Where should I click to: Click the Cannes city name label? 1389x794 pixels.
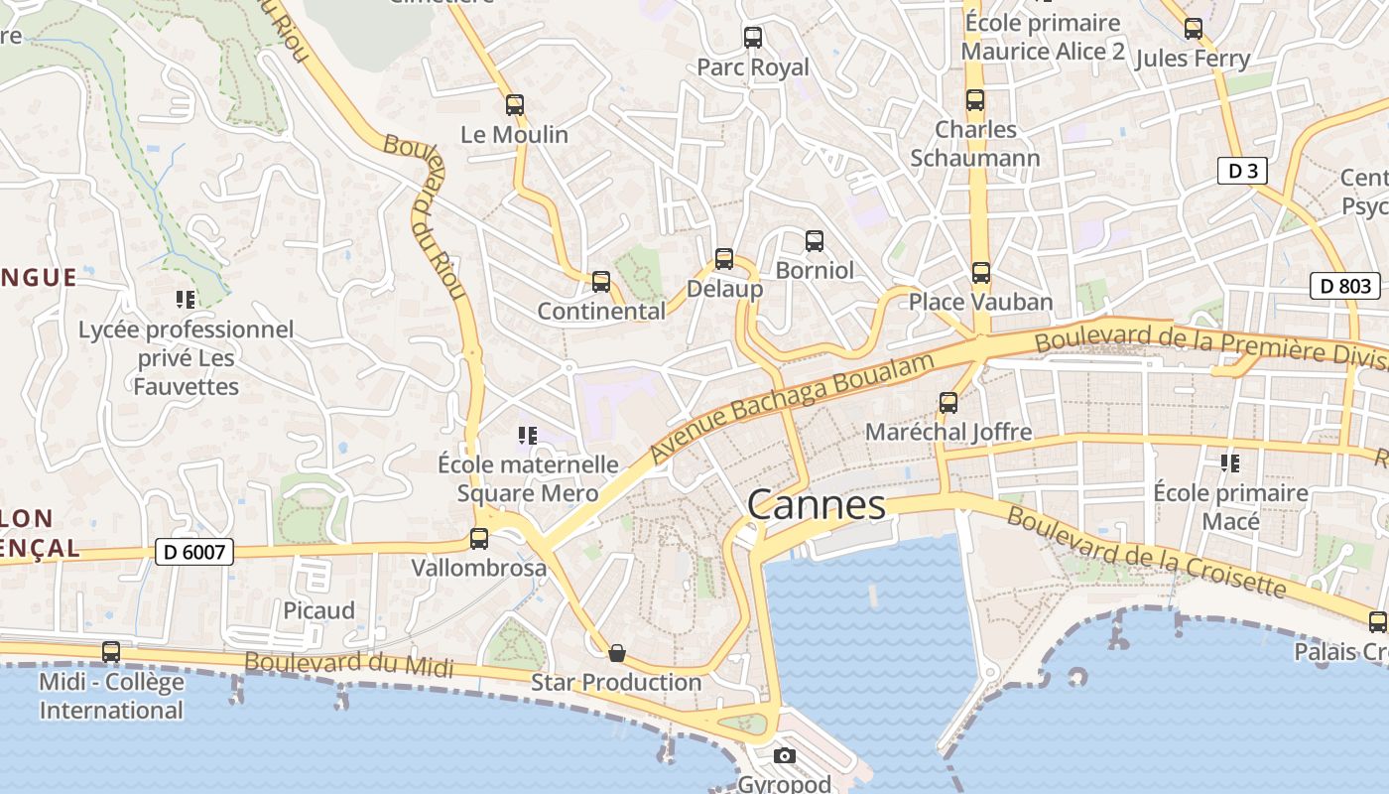coord(816,505)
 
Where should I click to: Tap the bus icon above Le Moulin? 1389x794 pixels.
coord(514,105)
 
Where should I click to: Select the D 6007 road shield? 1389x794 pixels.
coord(194,552)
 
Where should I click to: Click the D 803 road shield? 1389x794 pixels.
coord(1345,287)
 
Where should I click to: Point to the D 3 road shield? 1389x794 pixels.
coord(1242,171)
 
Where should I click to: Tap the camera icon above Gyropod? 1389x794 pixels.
coord(785,756)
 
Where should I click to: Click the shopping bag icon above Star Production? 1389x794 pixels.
coord(617,653)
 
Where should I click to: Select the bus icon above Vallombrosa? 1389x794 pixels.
coord(479,539)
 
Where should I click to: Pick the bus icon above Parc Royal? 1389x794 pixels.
coord(753,38)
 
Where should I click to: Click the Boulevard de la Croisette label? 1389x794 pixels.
coord(1145,552)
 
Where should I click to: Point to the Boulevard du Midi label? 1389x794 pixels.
coord(348,665)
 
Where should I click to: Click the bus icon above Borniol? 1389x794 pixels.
coord(815,240)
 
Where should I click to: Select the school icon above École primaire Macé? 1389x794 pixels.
coord(1230,463)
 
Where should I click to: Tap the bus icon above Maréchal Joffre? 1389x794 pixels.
coord(948,403)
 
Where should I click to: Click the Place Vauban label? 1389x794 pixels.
coord(980,302)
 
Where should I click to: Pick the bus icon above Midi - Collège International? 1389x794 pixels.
coord(111,652)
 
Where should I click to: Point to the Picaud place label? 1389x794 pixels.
coord(318,610)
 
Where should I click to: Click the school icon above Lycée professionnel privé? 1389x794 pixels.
coord(185,299)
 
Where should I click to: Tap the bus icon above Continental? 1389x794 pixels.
coord(601,282)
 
